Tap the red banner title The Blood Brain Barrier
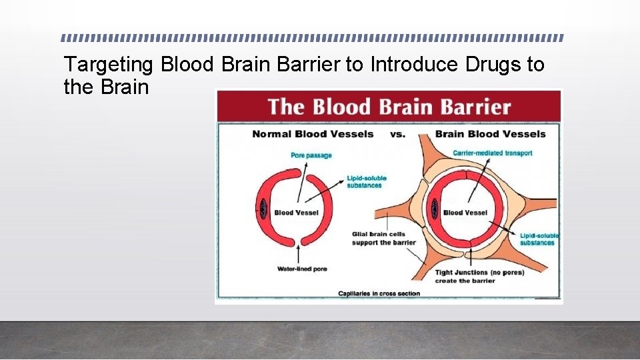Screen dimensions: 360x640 tap(389, 107)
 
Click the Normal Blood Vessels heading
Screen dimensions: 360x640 tap(313, 134)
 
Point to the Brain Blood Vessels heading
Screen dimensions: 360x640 tap(490, 134)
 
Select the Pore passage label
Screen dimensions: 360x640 tap(311, 155)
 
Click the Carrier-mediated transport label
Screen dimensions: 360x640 tap(493, 153)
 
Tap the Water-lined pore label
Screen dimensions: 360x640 tap(302, 269)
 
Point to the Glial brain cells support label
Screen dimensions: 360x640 tap(383, 238)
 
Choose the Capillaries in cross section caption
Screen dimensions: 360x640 tap(379, 293)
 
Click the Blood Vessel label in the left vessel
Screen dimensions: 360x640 tap(297, 213)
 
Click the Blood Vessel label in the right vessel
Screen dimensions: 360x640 tap(465, 213)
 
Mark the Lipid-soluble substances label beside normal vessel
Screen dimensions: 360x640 tap(366, 182)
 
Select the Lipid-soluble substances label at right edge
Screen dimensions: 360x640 tap(537, 239)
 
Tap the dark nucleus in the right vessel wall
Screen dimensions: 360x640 tap(434, 209)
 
